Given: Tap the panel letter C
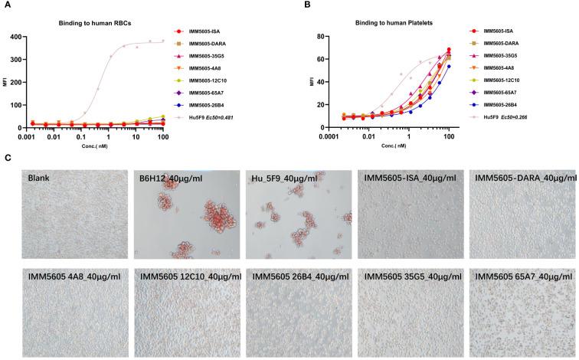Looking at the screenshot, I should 8,159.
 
